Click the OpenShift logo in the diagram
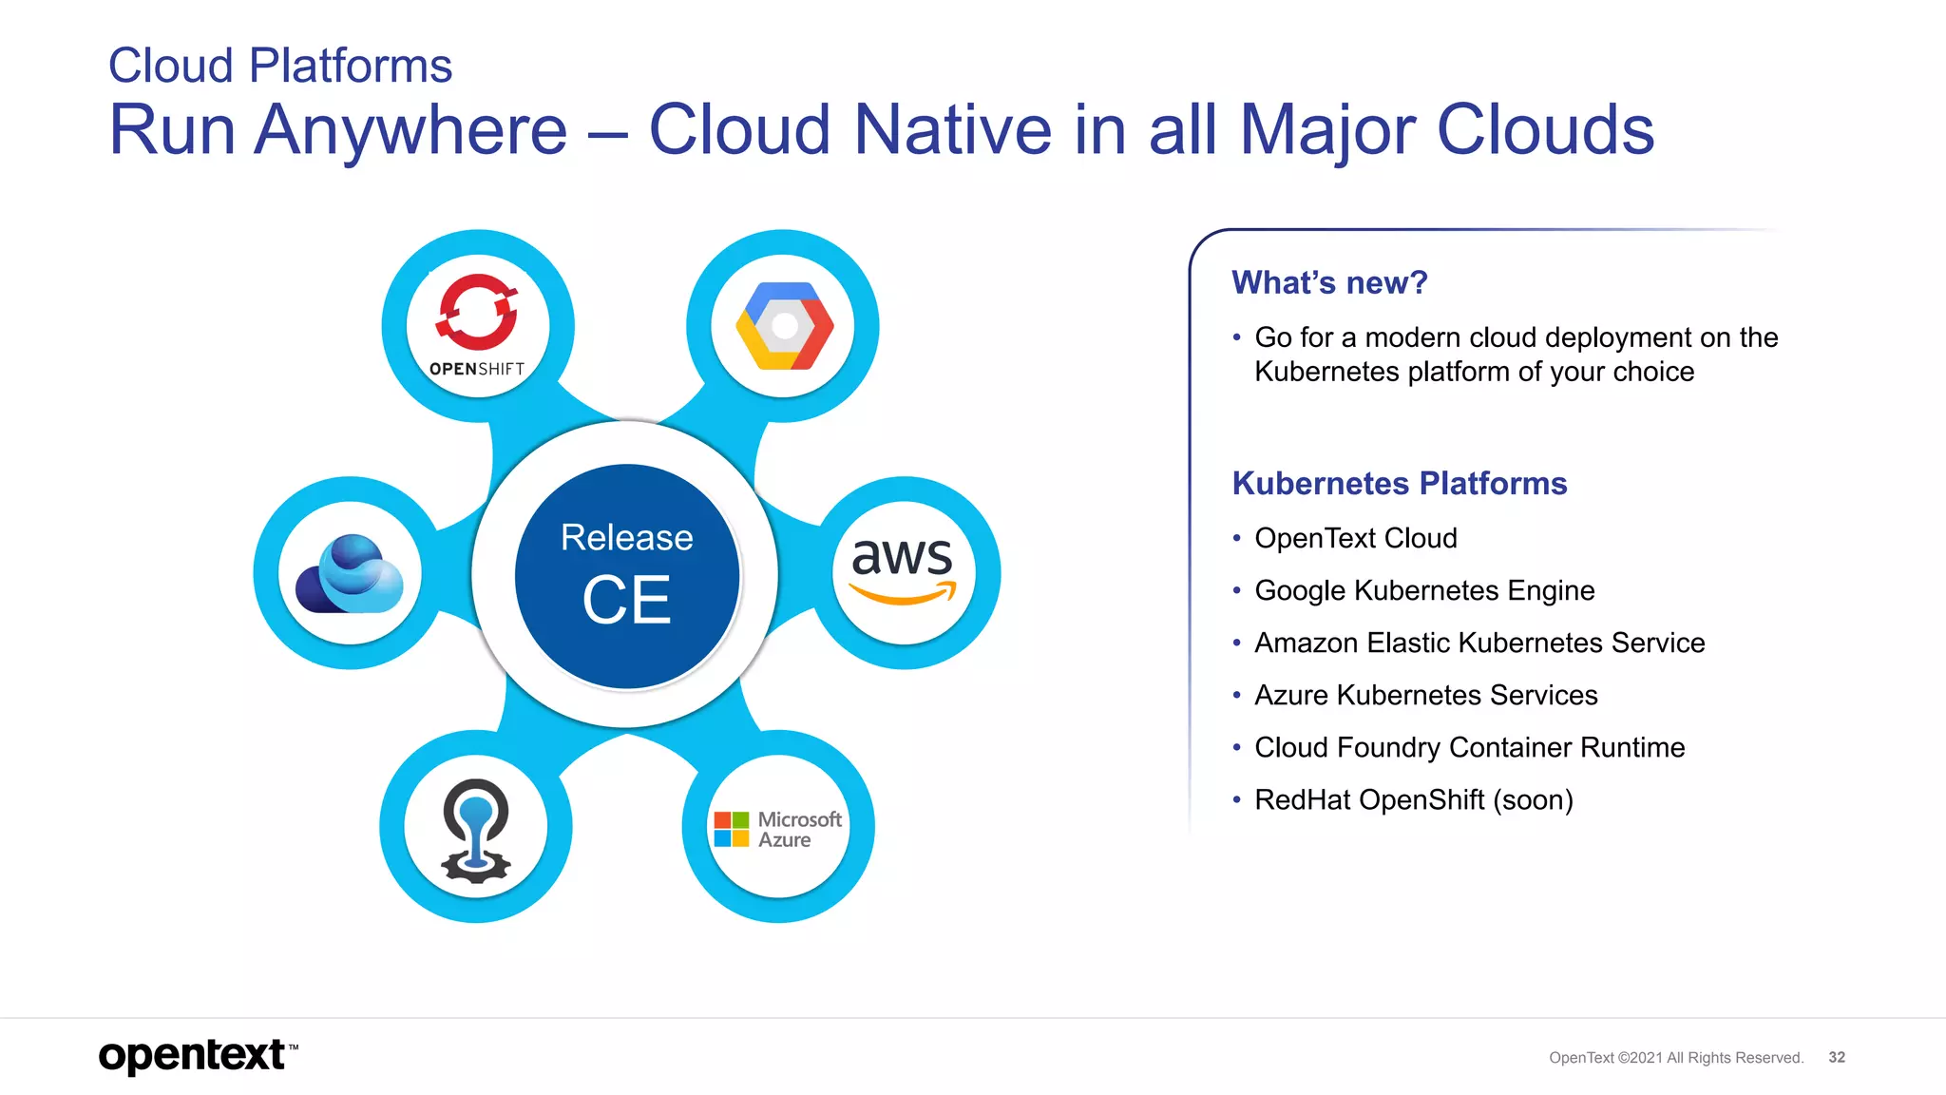[x=477, y=325]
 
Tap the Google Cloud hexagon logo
[x=784, y=326]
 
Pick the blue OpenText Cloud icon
[x=350, y=574]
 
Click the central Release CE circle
[x=627, y=576]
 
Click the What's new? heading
[x=1329, y=282]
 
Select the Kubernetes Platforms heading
[x=1399, y=483]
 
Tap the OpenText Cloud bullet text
[x=1355, y=538]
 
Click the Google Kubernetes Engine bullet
[x=1423, y=590]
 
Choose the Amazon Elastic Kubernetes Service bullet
[x=1479, y=643]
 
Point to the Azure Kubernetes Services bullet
[x=1425, y=695]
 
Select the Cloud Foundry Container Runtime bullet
[x=1469, y=747]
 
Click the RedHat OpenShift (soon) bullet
[x=1413, y=799]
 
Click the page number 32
[x=1836, y=1057]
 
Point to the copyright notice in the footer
[x=1675, y=1057]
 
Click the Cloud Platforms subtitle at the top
[x=280, y=66]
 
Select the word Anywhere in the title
[x=410, y=129]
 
